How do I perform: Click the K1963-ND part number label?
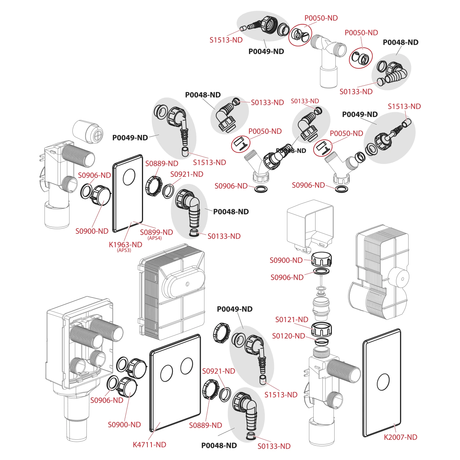click(x=126, y=244)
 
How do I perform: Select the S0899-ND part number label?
click(x=156, y=232)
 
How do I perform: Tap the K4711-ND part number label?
click(x=149, y=444)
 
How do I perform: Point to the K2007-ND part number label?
click(x=400, y=437)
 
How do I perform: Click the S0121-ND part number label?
click(x=292, y=320)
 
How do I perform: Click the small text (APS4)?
click(x=154, y=238)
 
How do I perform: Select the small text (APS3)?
click(x=124, y=250)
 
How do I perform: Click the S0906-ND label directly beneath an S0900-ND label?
click(x=287, y=277)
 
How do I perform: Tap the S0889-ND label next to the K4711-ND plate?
click(x=206, y=425)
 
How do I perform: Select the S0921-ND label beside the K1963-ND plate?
click(x=186, y=174)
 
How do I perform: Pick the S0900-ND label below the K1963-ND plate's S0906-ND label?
click(x=92, y=231)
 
